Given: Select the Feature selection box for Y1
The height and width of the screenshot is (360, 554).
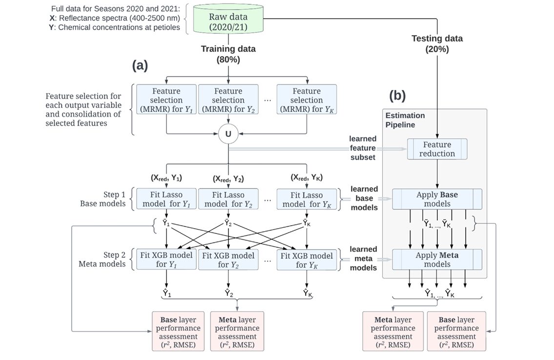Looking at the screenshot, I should click(166, 99).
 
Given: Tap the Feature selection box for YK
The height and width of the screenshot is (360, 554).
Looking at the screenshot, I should click(307, 99).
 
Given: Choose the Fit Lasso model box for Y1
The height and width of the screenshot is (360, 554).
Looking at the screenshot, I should click(166, 199).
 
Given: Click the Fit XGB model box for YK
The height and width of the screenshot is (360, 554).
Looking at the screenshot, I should click(307, 260).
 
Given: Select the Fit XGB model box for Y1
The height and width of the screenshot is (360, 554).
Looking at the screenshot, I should click(166, 260).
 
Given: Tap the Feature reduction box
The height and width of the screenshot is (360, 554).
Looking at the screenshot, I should click(437, 149).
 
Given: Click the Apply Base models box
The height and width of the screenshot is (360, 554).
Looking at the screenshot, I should click(437, 199).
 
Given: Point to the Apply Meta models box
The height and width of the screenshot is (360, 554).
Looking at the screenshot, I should click(437, 259).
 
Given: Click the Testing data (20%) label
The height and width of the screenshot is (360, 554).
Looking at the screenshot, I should click(437, 43).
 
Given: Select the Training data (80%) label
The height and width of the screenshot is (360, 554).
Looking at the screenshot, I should click(228, 53).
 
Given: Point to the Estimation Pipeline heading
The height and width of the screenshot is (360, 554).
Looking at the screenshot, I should click(405, 120).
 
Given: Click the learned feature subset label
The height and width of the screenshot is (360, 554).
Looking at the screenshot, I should click(362, 148).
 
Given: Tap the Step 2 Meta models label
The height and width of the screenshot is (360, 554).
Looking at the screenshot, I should click(103, 259).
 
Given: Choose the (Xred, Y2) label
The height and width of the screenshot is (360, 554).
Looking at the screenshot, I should click(228, 179).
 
